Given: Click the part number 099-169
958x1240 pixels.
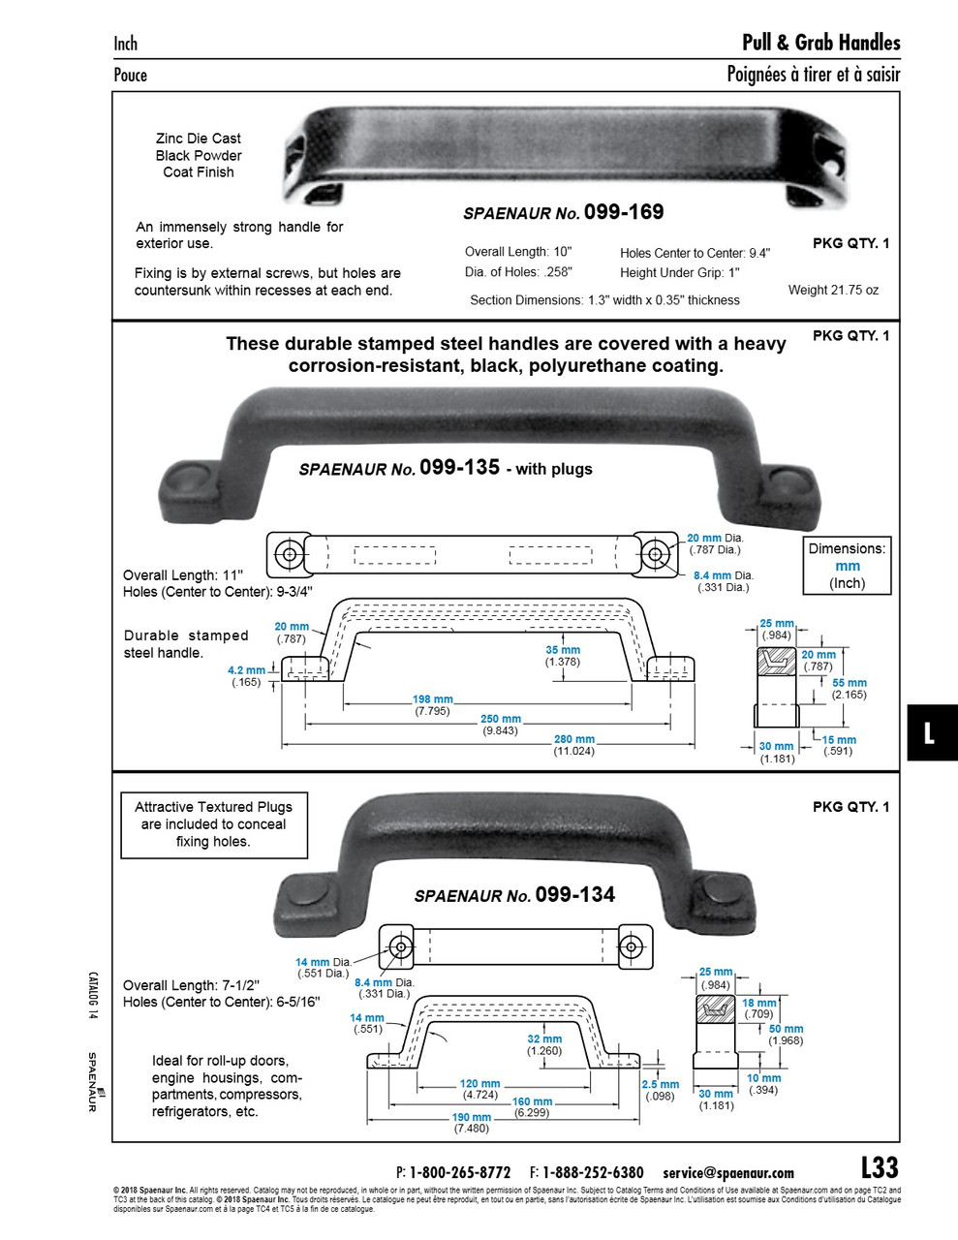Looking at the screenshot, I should click(x=624, y=212).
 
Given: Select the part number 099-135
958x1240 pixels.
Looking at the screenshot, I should click(x=460, y=467).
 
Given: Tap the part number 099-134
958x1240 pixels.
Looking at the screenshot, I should click(x=574, y=894).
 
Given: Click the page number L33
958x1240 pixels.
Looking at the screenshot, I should click(x=880, y=1167).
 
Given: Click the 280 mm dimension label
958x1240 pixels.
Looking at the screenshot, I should click(x=573, y=740).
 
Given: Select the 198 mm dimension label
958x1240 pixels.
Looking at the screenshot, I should click(x=433, y=699).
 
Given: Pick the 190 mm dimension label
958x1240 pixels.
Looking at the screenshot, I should click(x=471, y=1117).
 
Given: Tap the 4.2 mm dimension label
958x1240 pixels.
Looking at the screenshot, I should click(x=246, y=670).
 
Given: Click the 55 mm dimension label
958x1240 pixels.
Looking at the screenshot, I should click(x=850, y=683).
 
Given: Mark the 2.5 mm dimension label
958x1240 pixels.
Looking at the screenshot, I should click(x=660, y=1084).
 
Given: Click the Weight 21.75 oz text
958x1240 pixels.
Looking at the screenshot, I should click(x=833, y=290).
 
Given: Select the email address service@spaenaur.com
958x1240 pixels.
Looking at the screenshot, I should click(x=728, y=1172).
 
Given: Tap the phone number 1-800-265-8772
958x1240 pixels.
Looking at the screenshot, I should click(x=460, y=1172).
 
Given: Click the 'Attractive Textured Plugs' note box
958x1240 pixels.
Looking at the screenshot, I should click(x=213, y=824).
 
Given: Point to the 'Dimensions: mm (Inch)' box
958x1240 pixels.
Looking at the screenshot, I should click(x=848, y=566).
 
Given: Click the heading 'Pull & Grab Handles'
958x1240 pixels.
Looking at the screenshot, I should click(x=820, y=43).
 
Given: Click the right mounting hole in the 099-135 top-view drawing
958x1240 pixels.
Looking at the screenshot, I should click(x=656, y=554).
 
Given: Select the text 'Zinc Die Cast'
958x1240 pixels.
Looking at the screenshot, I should click(x=199, y=139).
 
